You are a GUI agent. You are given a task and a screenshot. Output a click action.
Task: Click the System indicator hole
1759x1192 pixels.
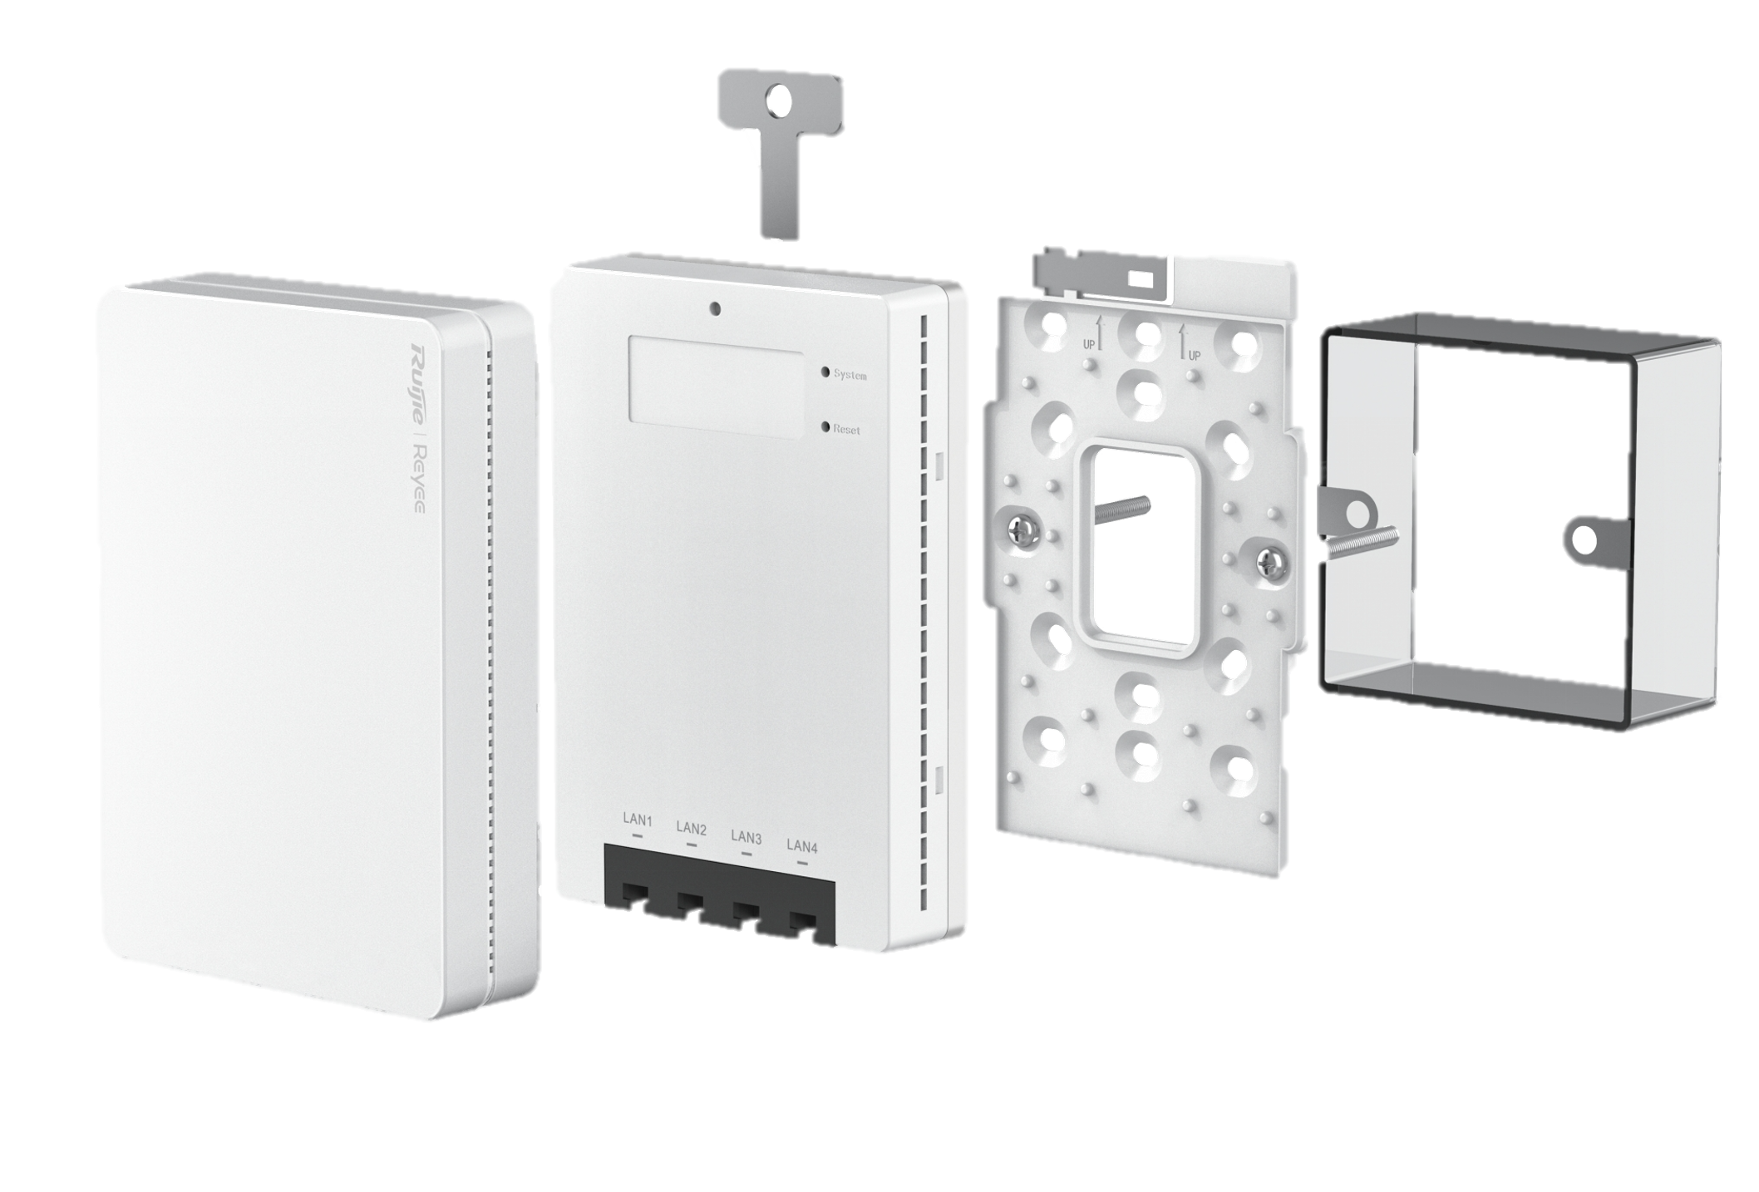pyautogui.click(x=825, y=372)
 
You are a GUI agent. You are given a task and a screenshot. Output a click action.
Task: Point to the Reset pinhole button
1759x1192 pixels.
pyautogui.click(x=825, y=427)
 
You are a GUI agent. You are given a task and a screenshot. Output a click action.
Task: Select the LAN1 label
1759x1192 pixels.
pyautogui.click(x=638, y=820)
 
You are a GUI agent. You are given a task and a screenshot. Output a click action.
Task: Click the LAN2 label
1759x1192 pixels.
pyautogui.click(x=692, y=829)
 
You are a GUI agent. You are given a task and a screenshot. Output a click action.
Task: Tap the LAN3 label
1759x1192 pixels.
pyautogui.click(x=746, y=837)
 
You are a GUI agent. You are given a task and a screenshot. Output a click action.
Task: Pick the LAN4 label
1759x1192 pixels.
pyautogui.click(x=802, y=846)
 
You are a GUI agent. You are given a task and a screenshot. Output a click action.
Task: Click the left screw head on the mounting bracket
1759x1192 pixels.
pyautogui.click(x=1023, y=530)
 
